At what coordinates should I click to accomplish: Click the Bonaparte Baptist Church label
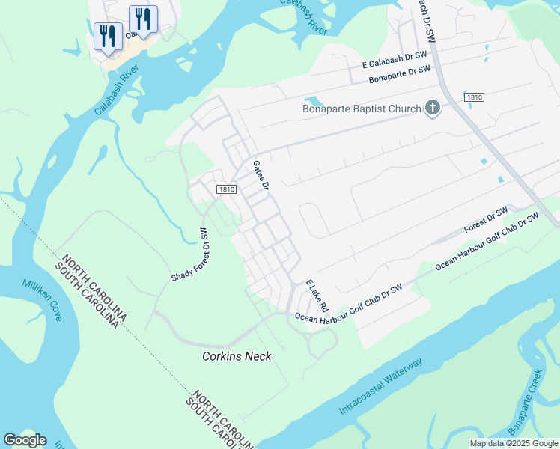tap(362, 109)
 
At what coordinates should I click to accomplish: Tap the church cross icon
tap(432, 109)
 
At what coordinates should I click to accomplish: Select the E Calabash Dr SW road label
tap(390, 60)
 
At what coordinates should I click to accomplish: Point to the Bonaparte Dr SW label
tap(401, 73)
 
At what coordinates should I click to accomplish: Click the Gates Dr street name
tap(261, 174)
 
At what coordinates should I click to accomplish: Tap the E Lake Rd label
tap(317, 296)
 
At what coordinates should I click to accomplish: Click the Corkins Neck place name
tap(237, 356)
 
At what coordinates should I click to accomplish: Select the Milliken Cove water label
tap(43, 299)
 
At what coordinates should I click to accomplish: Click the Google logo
tap(25, 440)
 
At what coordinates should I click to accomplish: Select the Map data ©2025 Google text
tap(514, 443)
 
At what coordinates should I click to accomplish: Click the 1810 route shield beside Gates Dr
tap(228, 190)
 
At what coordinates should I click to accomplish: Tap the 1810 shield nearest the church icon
tap(473, 97)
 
